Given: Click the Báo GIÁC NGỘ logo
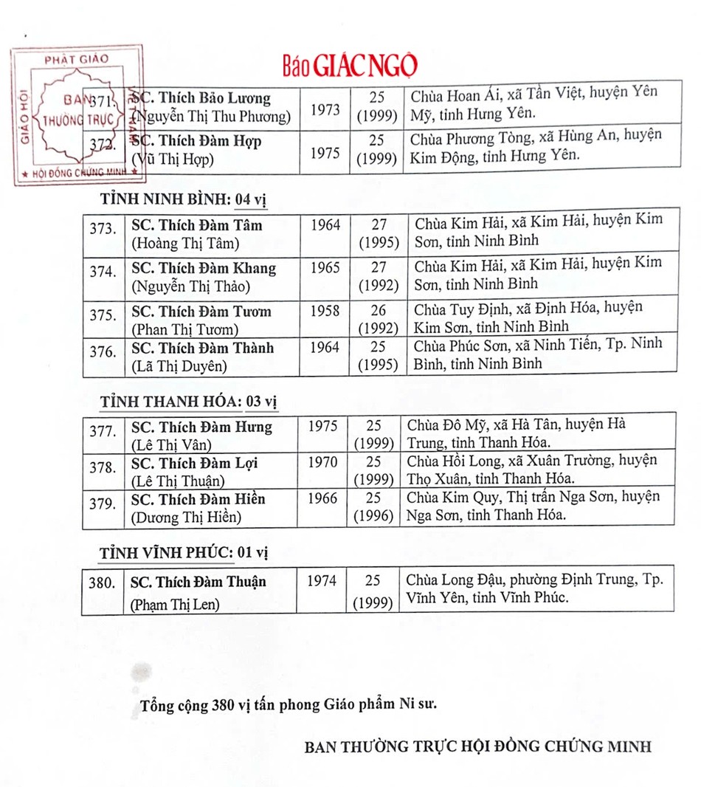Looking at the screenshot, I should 349,66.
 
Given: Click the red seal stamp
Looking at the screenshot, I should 77,115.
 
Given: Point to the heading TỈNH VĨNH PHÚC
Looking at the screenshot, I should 166,553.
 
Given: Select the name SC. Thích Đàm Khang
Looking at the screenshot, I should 203,268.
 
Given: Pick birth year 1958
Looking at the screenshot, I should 325,311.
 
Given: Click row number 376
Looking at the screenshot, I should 103,353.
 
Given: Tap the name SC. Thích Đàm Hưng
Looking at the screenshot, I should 201,427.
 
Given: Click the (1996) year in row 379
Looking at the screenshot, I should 373,515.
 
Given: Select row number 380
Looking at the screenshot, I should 102,582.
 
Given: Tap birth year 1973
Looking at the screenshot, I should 325,110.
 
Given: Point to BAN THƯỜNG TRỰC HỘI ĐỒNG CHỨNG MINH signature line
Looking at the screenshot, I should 478,746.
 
